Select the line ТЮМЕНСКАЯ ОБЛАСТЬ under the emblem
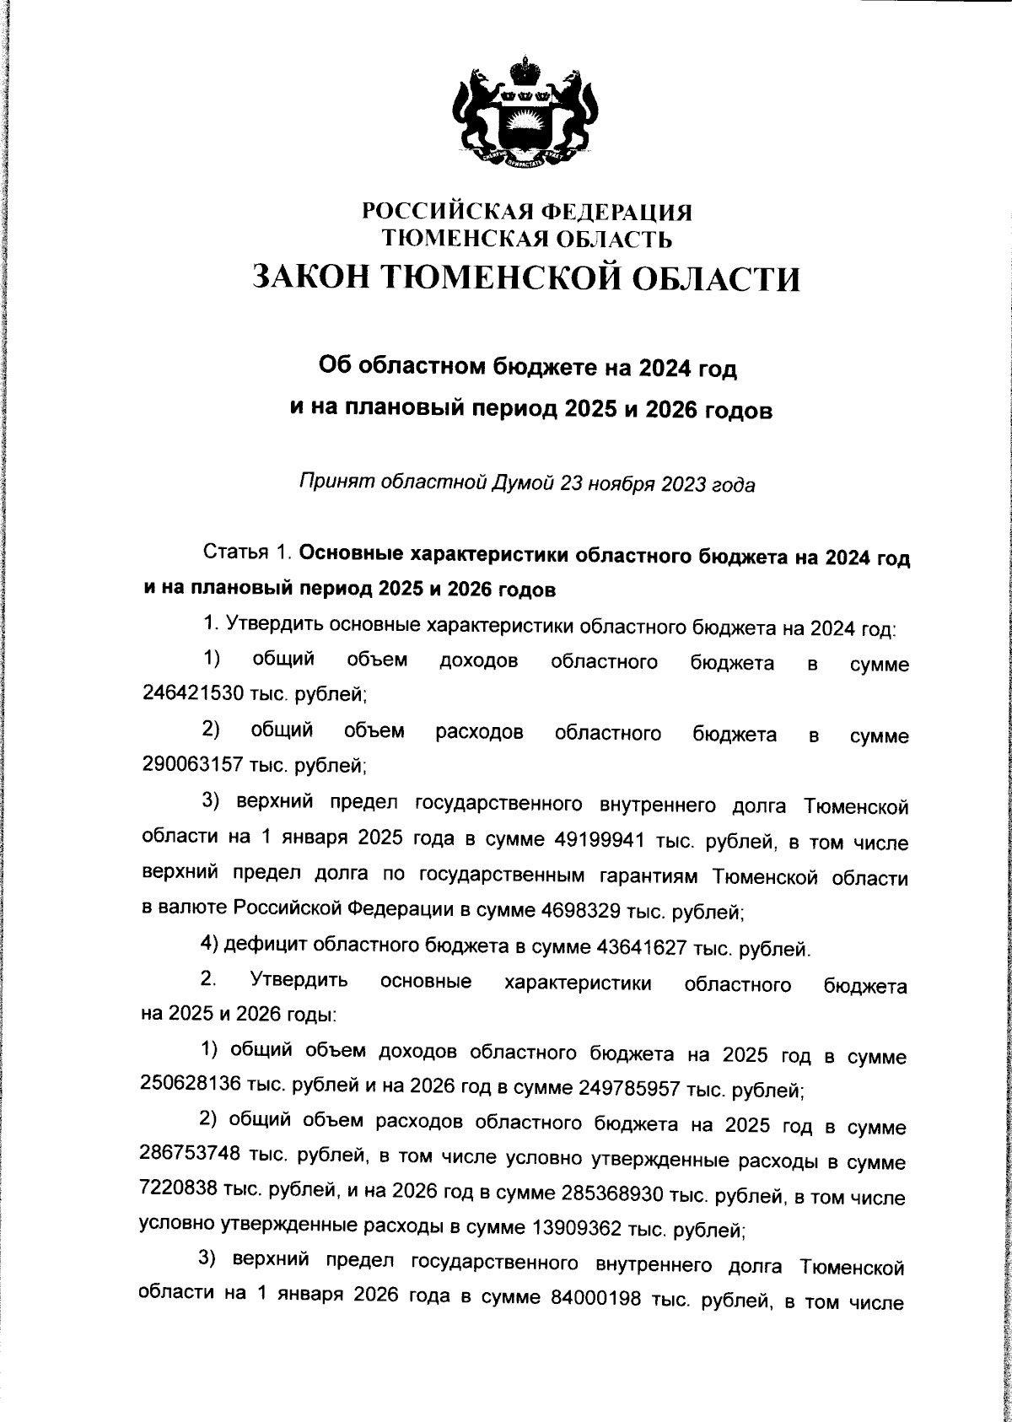coord(527,240)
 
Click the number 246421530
coord(192,693)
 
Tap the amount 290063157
coord(192,764)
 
